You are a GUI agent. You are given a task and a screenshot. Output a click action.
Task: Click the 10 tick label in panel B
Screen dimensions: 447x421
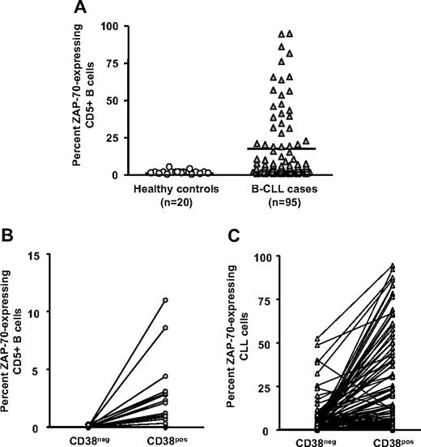(33, 312)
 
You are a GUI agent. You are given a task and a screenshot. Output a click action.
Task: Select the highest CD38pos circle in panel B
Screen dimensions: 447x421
(164, 300)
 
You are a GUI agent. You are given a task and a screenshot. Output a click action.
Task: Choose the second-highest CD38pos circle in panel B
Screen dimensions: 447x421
(164, 328)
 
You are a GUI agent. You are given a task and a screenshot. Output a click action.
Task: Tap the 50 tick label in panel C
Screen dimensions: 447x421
(264, 343)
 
